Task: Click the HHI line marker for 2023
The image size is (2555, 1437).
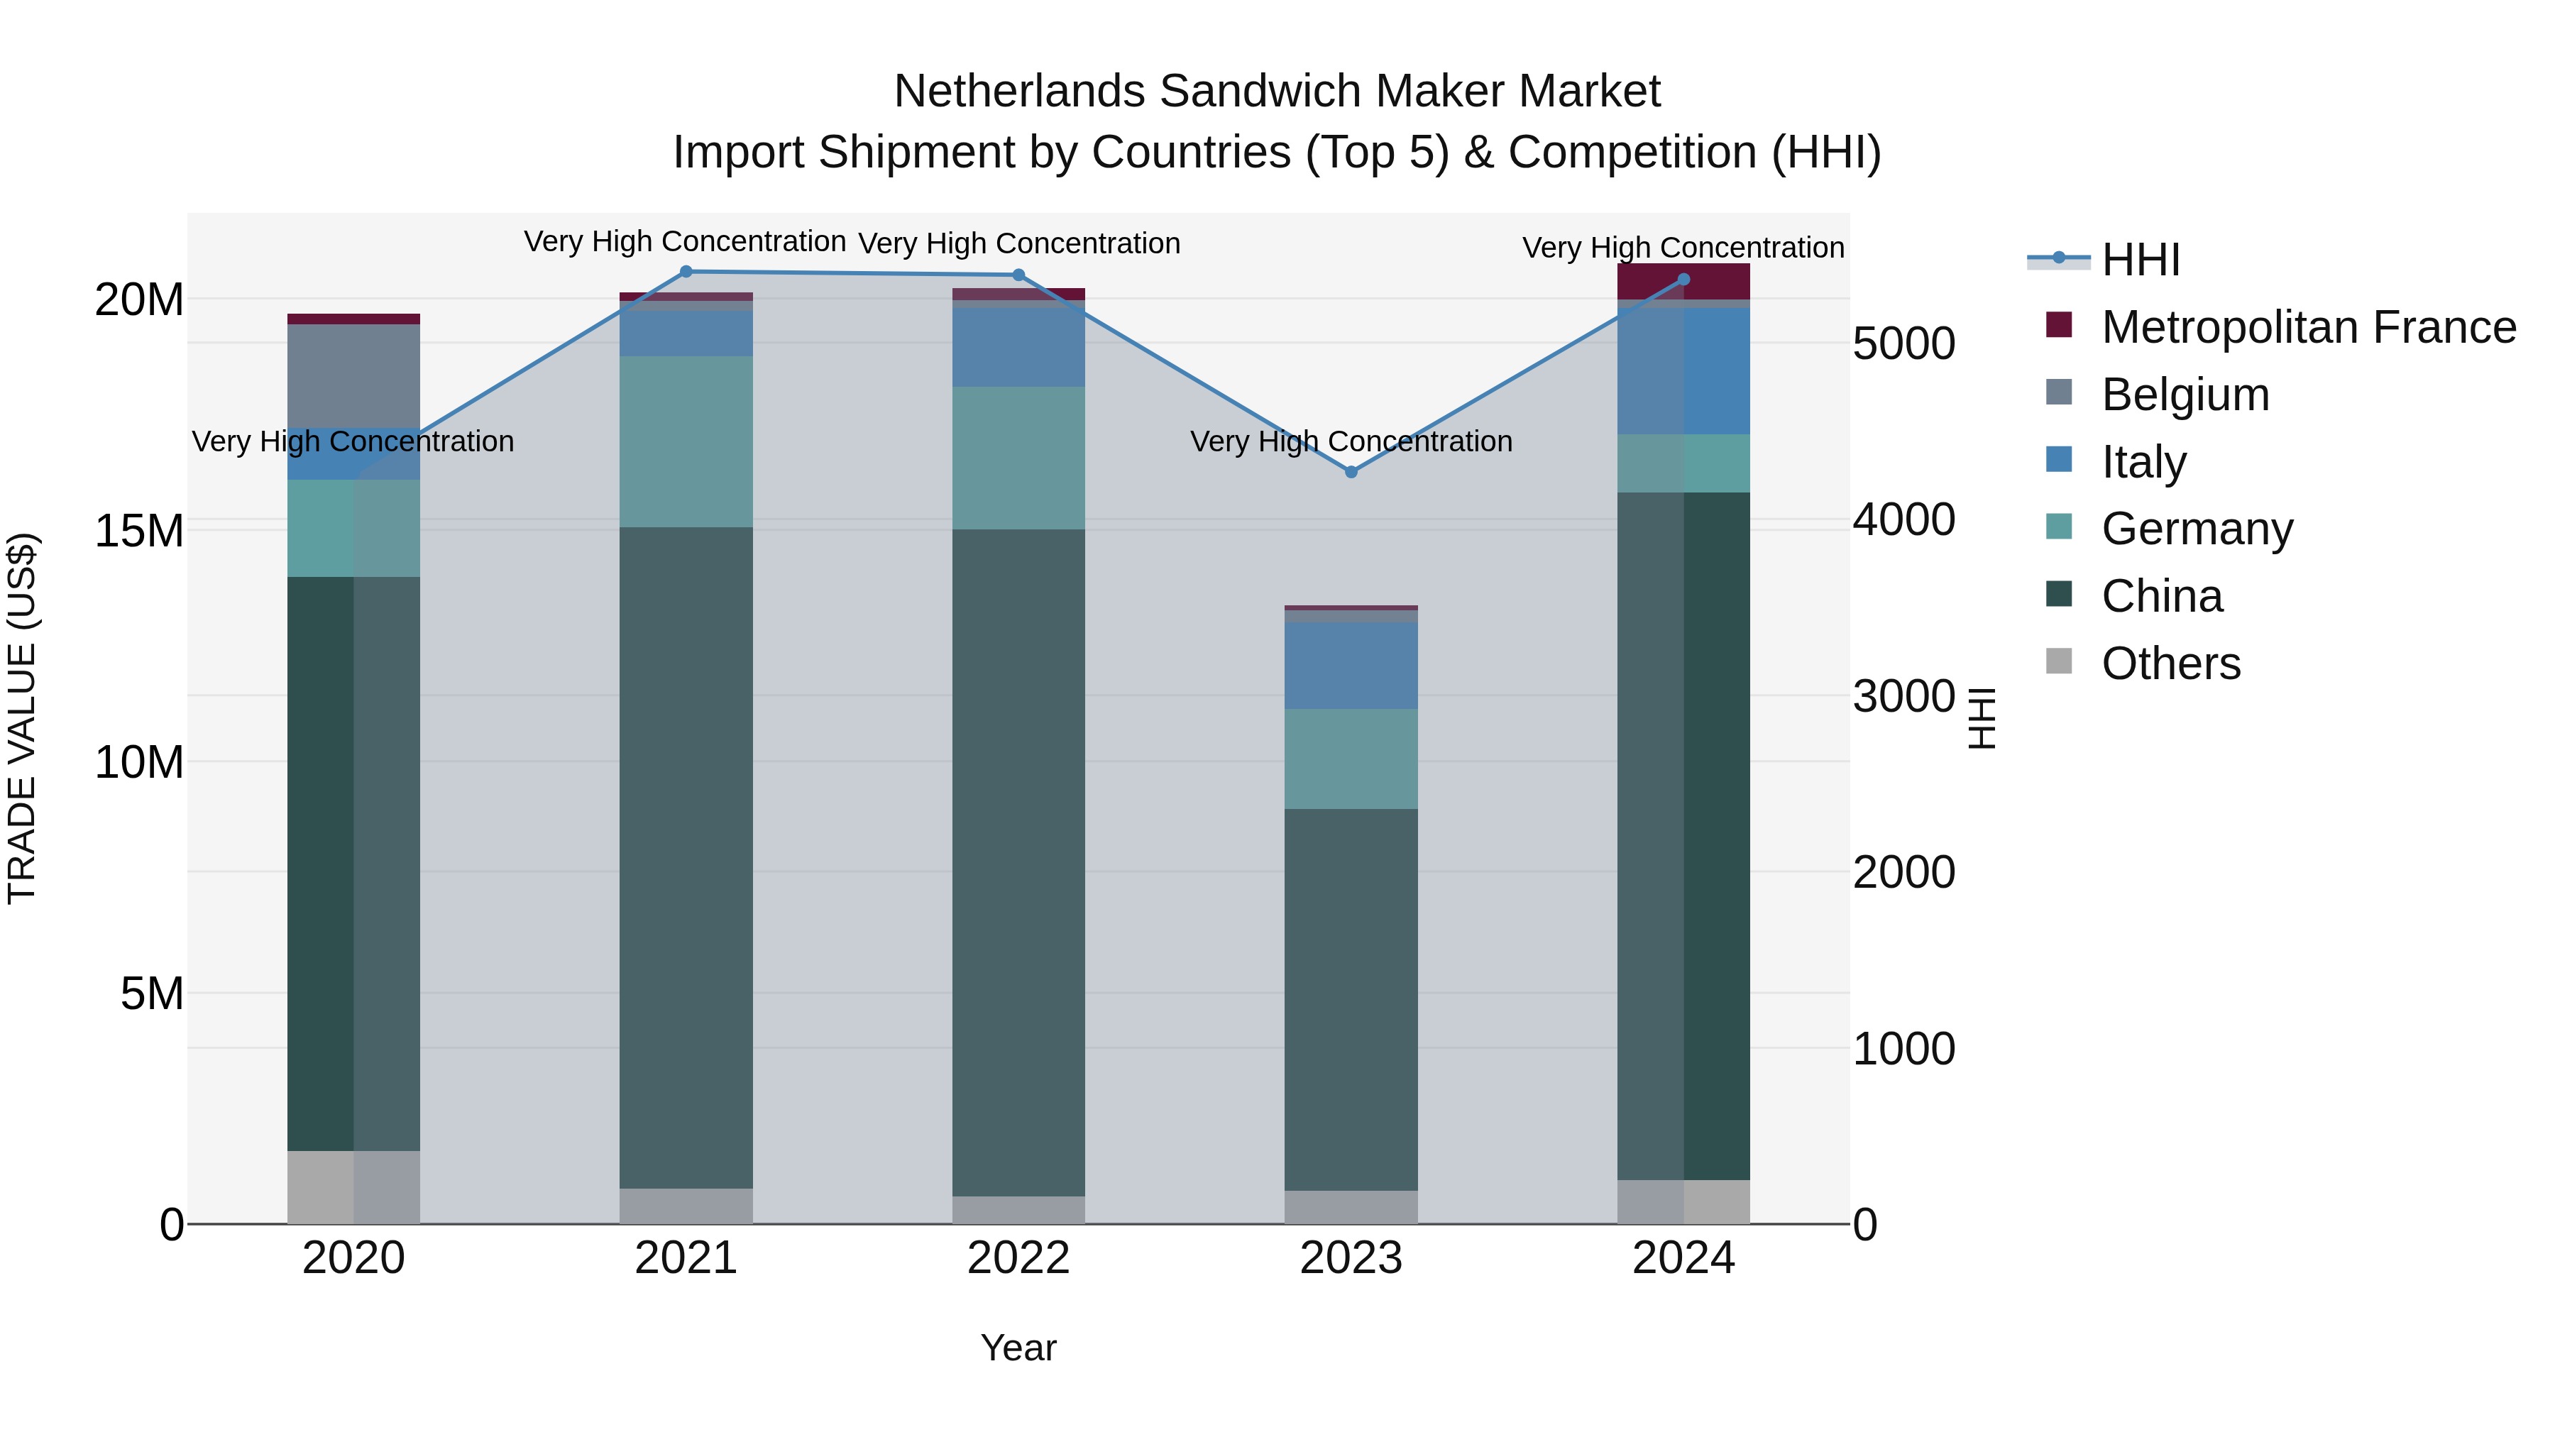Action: point(1350,472)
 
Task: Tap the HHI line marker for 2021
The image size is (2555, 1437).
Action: point(686,272)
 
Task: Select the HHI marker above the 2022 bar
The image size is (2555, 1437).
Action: point(1018,276)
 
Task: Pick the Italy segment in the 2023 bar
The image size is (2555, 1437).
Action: point(1350,666)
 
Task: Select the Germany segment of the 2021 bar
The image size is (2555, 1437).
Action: point(686,441)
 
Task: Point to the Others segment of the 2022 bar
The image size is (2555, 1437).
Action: point(1018,1210)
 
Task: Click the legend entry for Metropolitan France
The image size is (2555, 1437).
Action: point(2307,327)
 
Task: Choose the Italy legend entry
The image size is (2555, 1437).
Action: point(2143,462)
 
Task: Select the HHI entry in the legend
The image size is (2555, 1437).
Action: point(2139,260)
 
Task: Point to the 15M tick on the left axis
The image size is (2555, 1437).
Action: point(139,532)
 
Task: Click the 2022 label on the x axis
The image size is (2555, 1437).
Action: point(1018,1258)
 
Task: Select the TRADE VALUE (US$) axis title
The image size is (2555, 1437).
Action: point(22,718)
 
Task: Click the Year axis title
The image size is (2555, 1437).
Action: point(1018,1348)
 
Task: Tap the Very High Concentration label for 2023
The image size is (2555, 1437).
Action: point(1350,441)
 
